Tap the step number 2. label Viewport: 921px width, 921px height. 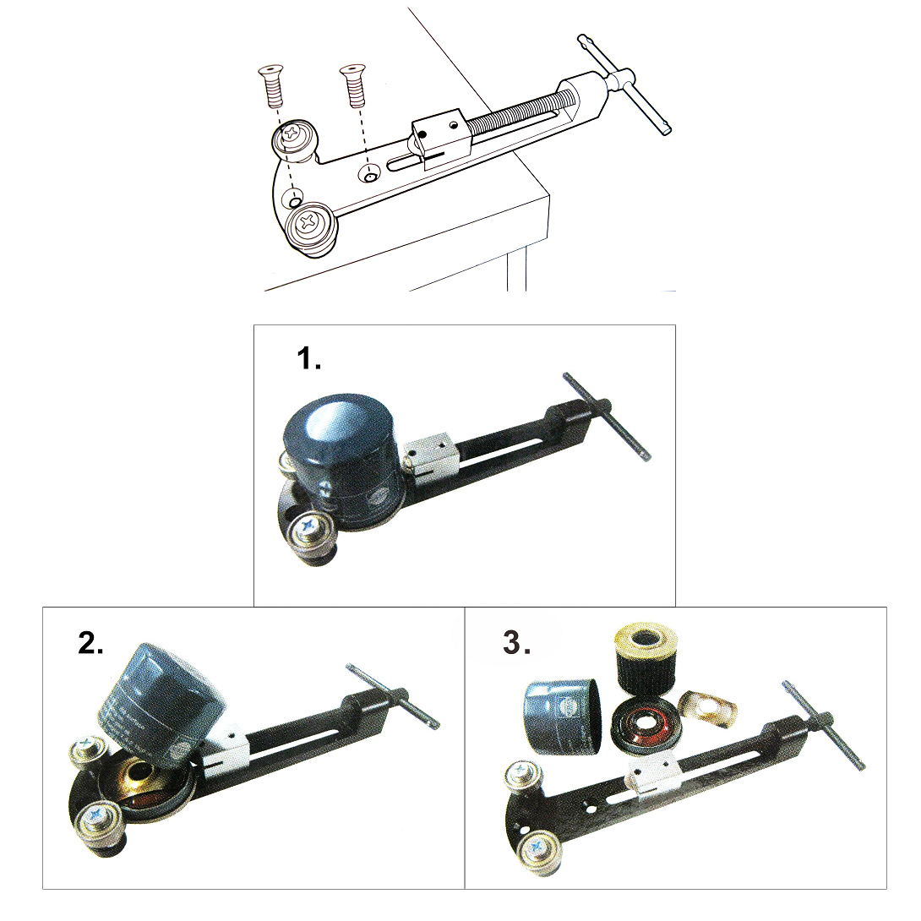coord(90,644)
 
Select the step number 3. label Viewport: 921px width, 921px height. coord(517,642)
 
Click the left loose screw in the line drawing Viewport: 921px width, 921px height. coord(270,85)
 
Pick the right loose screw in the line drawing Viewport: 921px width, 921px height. coord(352,85)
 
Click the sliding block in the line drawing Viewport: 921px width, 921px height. coord(439,137)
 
